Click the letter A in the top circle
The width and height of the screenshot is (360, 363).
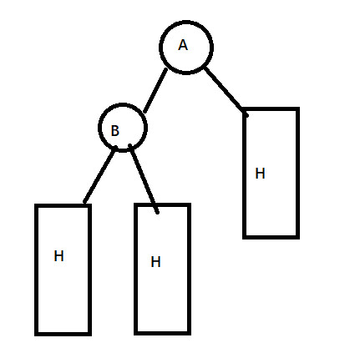coord(183,45)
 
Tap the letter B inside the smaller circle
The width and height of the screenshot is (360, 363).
coord(115,130)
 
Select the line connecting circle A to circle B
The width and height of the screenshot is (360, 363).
coord(155,90)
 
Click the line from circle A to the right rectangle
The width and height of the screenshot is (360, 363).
coord(226,92)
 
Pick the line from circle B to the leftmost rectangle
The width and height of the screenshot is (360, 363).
coord(99,174)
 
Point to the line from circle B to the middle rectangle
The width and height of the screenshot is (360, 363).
coord(144,179)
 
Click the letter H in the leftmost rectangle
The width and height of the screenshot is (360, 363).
coord(58,256)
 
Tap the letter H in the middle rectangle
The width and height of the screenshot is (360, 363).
coord(155,262)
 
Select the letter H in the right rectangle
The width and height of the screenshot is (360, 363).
coord(260,174)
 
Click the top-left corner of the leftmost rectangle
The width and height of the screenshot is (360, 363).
coord(36,205)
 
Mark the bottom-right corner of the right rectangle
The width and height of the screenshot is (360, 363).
coord(298,237)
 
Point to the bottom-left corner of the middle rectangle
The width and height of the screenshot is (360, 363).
coord(136,333)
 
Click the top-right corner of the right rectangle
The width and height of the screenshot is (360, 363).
coord(298,108)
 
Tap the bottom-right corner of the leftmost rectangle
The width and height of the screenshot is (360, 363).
coord(89,334)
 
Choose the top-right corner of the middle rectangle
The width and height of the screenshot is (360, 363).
coord(189,204)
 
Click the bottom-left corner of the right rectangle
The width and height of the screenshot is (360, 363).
coord(244,237)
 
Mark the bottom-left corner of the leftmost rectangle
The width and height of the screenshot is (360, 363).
coord(36,334)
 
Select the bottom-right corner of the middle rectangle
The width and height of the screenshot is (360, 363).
coord(189,333)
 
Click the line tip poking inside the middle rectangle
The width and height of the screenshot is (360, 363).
coord(158,213)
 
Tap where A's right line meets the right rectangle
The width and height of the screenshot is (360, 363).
coord(245,112)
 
